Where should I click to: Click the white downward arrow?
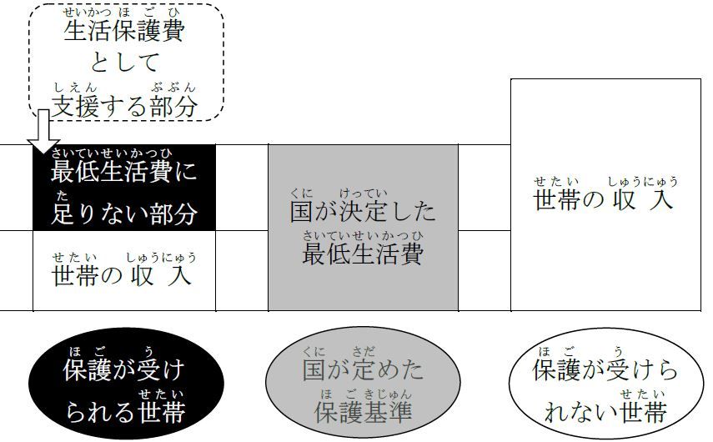click(x=43, y=134)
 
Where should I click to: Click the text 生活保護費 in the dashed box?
click(x=124, y=33)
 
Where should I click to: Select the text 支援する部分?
click(x=125, y=106)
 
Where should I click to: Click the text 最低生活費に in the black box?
click(x=124, y=173)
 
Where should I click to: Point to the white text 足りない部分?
click(x=124, y=213)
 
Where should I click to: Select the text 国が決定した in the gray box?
click(x=363, y=210)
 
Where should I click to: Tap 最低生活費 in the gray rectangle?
click(x=363, y=253)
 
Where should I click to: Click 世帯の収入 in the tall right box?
click(x=605, y=200)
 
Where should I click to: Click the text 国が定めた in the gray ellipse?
click(x=363, y=369)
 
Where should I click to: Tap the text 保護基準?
click(x=363, y=411)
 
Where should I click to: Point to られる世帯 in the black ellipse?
click(x=124, y=411)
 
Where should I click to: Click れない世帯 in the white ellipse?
click(x=605, y=411)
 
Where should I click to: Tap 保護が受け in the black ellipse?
click(x=124, y=369)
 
